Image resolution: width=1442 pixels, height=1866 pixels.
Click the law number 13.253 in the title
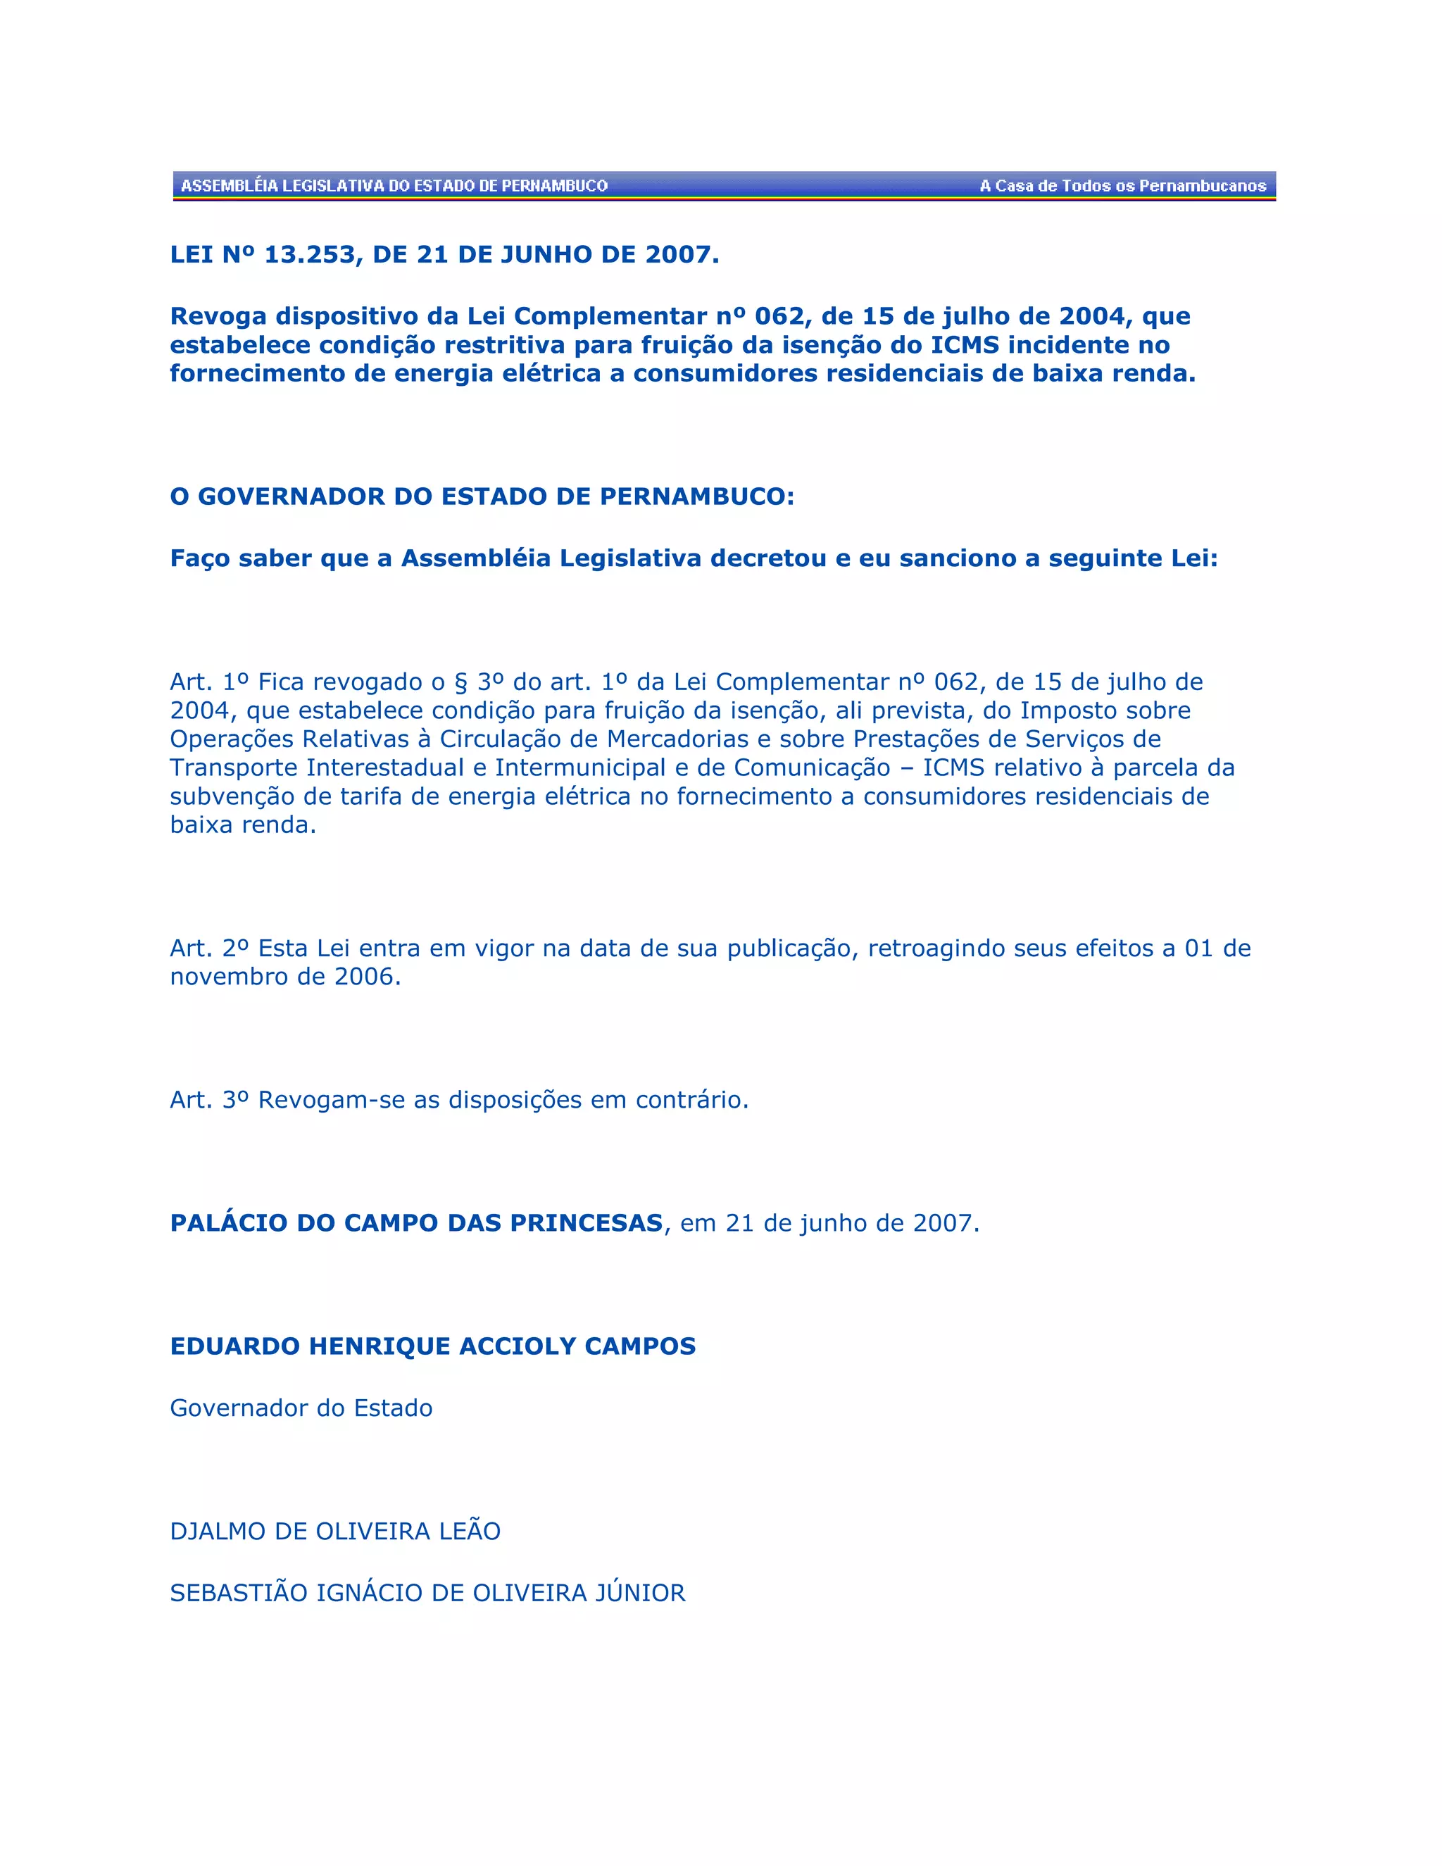(309, 255)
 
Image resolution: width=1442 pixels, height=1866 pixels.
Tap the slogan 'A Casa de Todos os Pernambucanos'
(1122, 185)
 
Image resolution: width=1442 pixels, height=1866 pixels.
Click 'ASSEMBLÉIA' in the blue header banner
(229, 185)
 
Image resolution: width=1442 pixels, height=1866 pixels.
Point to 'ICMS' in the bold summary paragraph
(965, 345)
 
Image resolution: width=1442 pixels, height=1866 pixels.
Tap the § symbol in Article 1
(461, 682)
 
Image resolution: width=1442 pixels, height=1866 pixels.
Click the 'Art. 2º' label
(209, 948)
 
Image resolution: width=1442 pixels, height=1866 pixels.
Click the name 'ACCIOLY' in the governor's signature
(518, 1346)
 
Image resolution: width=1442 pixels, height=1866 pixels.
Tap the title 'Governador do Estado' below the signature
(301, 1408)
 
